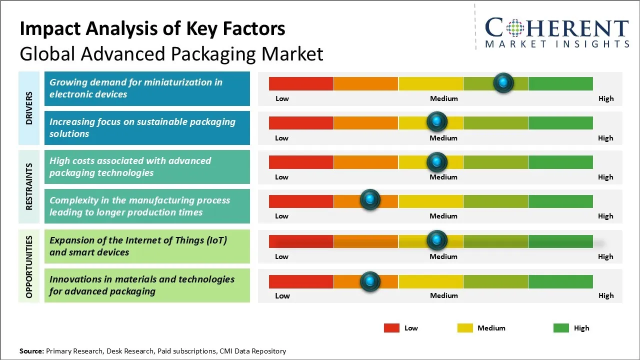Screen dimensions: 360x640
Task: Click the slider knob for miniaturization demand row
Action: [x=503, y=82]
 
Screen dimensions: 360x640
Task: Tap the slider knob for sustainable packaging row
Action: [x=437, y=121]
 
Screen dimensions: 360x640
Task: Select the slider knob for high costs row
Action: [x=437, y=161]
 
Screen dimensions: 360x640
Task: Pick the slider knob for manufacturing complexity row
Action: [x=370, y=200]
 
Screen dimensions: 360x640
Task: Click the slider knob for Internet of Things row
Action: [x=437, y=240]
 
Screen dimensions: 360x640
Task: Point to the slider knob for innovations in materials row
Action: [x=370, y=281]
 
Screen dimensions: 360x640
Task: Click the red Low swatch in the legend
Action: [x=391, y=328]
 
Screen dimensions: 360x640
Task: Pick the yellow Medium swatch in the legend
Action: [x=465, y=328]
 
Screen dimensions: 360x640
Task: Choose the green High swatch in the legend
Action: [x=561, y=328]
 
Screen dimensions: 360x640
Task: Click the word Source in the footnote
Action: [x=31, y=351]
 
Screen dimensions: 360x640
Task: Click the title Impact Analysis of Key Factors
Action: [x=152, y=29]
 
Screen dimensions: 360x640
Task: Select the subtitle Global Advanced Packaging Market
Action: [x=171, y=54]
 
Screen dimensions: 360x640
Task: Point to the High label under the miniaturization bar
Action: [x=605, y=98]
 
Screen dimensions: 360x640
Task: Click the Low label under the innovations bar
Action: [x=282, y=295]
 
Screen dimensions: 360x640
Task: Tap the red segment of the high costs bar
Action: [x=301, y=161]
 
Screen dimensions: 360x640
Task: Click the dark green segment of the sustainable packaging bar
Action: [x=560, y=122]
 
